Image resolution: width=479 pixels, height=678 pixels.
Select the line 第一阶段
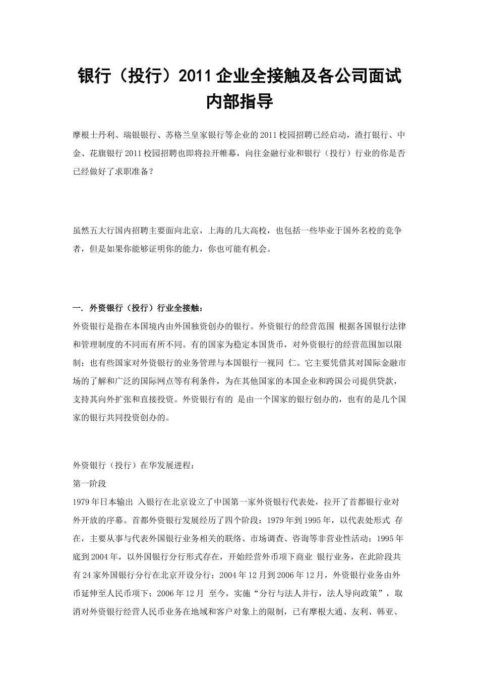90,483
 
